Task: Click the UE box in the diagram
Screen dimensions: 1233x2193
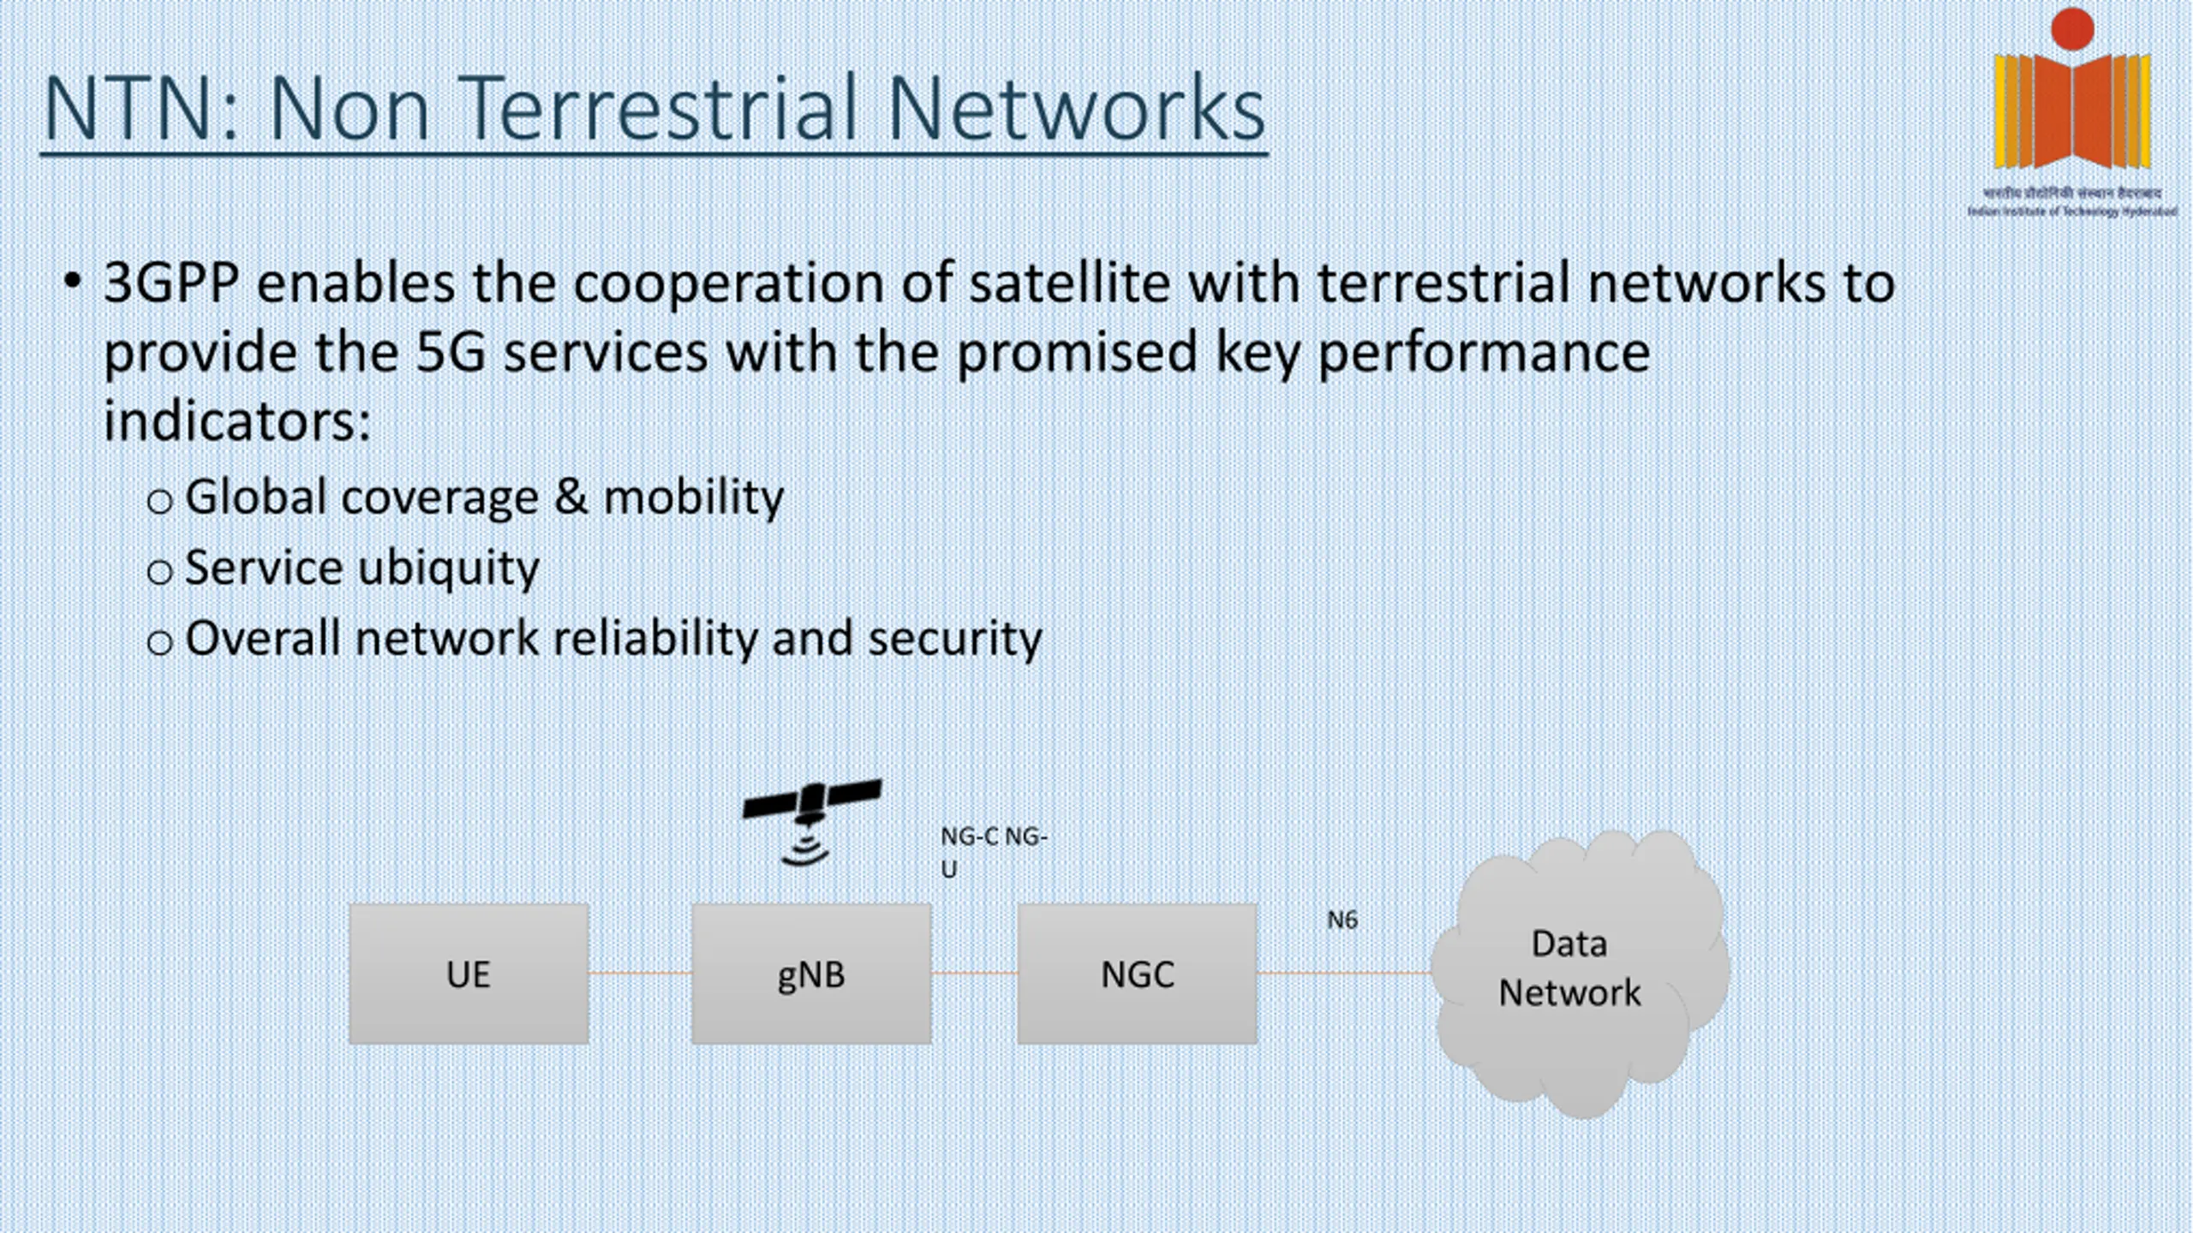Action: pyautogui.click(x=469, y=974)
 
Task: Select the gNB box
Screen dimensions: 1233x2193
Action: pyautogui.click(x=811, y=974)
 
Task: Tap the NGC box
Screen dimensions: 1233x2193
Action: pyautogui.click(x=1137, y=974)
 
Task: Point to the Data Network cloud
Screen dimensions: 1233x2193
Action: pyautogui.click(x=1576, y=972)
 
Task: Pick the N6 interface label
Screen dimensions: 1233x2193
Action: pyautogui.click(x=1341, y=920)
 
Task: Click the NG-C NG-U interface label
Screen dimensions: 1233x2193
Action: pyautogui.click(x=992, y=852)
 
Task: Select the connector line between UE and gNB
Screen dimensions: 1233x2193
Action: pyautogui.click(x=640, y=973)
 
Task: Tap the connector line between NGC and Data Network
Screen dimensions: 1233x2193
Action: pyautogui.click(x=1343, y=973)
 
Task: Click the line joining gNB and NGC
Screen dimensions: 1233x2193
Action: pyautogui.click(x=974, y=973)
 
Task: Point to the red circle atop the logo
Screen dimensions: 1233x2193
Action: pyautogui.click(x=2072, y=29)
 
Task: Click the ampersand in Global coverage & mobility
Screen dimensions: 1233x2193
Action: pyautogui.click(x=571, y=497)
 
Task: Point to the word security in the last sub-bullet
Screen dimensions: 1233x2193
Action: pyautogui.click(x=954, y=639)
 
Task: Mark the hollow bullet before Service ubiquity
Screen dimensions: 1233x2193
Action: pyautogui.click(x=159, y=572)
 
